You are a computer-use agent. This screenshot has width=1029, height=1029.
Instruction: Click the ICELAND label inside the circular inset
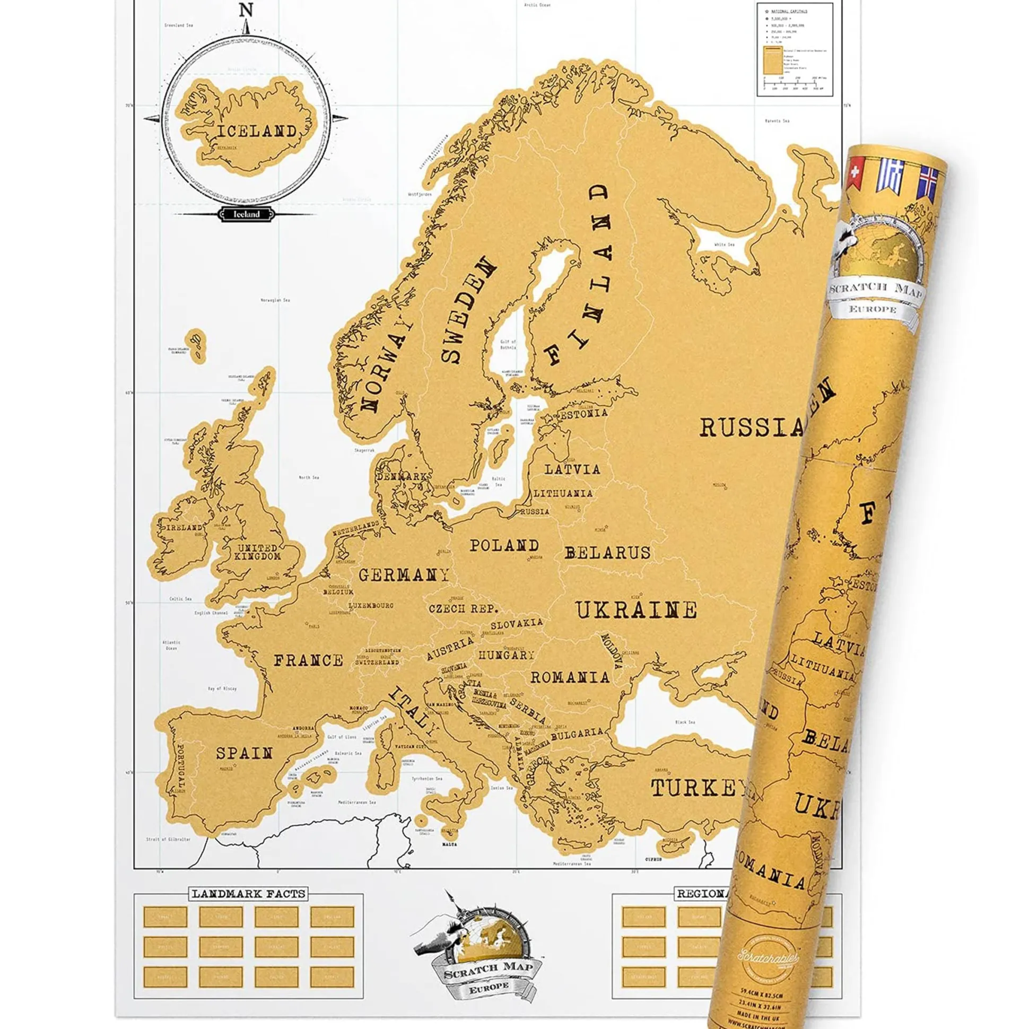tap(256, 131)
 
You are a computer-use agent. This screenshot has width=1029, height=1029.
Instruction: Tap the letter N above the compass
tap(246, 10)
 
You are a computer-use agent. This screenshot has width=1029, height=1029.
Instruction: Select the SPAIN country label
tap(244, 753)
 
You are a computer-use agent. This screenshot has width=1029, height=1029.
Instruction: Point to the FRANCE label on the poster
tap(308, 660)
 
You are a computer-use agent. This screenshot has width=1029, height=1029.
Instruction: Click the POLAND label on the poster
tap(504, 545)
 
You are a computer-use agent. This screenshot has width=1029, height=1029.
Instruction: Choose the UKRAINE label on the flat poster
tap(636, 611)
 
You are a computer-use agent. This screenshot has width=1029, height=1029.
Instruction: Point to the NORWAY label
tap(387, 368)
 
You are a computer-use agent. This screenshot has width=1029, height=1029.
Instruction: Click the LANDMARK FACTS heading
tap(249, 894)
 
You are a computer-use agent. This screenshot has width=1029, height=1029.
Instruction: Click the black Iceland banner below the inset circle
tap(247, 214)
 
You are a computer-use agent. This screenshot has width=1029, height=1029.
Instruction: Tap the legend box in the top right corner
tap(794, 49)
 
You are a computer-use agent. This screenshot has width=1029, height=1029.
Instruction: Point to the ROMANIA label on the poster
tap(569, 677)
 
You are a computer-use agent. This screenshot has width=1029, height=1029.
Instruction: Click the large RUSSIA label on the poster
tap(751, 427)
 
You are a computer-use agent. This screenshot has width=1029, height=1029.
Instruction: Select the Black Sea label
tap(685, 723)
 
